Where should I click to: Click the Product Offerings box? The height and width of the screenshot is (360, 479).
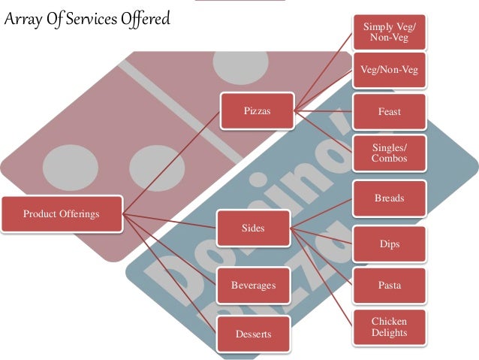[61, 214]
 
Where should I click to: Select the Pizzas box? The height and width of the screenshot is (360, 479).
[257, 112]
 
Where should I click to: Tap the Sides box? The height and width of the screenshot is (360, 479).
[253, 228]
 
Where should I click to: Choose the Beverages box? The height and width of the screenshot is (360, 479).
[253, 286]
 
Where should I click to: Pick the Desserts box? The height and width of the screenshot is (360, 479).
[253, 333]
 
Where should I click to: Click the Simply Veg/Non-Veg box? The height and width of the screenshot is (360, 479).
[390, 32]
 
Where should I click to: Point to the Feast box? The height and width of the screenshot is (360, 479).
[390, 112]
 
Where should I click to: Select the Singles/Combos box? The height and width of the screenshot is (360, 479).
[390, 153]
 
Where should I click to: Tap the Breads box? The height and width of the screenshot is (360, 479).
[390, 198]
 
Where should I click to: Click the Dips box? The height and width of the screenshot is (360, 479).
[390, 244]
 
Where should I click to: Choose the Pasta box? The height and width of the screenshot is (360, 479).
[390, 286]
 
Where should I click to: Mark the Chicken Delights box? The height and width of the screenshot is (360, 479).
[390, 328]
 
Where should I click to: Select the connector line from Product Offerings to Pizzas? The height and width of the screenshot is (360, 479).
[171, 162]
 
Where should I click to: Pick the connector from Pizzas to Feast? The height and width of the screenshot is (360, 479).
[324, 112]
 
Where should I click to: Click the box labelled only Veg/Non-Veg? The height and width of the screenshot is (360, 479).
[390, 70]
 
